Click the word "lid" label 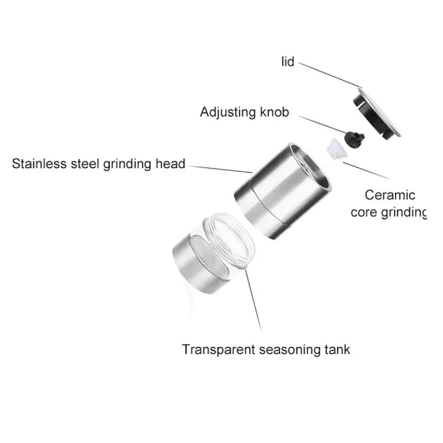[287, 62]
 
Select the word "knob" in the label [275, 113]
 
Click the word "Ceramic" [390, 195]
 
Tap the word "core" [364, 213]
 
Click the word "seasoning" [292, 350]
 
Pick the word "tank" [339, 350]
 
